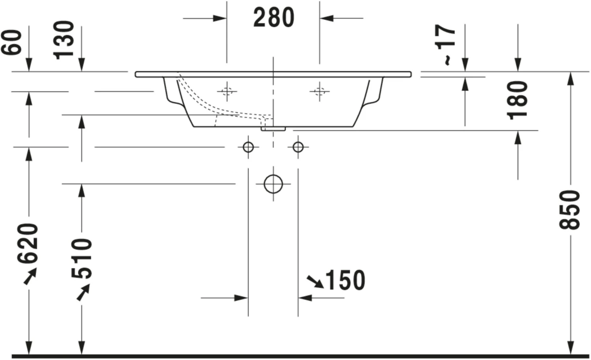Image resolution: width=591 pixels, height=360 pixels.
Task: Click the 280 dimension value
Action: (273, 18)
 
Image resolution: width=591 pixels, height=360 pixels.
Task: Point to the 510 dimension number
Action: (82, 258)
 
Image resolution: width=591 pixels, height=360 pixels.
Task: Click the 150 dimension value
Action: (345, 280)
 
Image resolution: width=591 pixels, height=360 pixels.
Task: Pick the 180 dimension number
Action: (518, 100)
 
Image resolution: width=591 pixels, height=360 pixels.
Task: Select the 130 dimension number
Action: (64, 40)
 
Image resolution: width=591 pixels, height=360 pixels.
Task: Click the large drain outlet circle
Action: (273, 184)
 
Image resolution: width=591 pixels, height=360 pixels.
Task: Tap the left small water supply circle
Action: (248, 147)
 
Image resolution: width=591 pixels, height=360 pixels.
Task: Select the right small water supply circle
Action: (298, 147)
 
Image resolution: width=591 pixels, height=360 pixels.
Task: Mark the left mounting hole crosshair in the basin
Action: (227, 91)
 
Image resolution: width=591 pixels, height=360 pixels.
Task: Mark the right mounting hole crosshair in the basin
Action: (320, 91)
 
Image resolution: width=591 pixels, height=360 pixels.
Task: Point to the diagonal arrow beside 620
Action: (30, 276)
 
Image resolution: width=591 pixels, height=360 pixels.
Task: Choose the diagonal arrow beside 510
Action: (83, 292)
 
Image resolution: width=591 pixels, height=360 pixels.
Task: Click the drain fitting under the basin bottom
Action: (273, 129)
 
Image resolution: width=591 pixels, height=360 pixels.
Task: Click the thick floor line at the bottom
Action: (295, 356)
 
